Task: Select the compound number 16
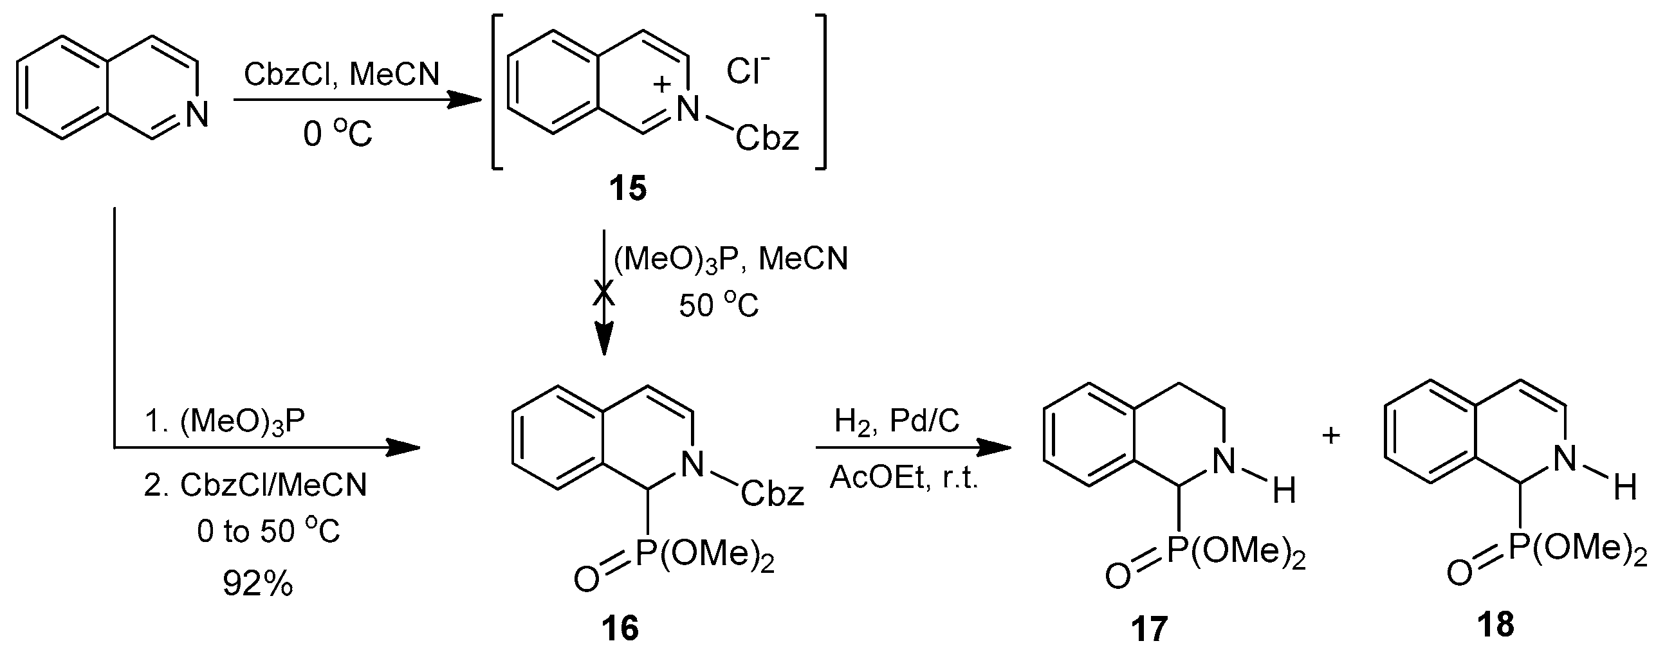pyautogui.click(x=620, y=627)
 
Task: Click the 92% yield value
pyautogui.click(x=258, y=584)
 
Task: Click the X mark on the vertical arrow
pyautogui.click(x=603, y=294)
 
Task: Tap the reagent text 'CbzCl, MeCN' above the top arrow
pyautogui.click(x=341, y=75)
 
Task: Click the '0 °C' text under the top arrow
pyautogui.click(x=337, y=135)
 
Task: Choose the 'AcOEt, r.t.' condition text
pyautogui.click(x=904, y=478)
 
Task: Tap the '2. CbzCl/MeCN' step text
pyautogui.click(x=255, y=485)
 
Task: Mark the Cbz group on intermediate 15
pyautogui.click(x=768, y=138)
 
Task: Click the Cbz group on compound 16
pyautogui.click(x=772, y=494)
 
